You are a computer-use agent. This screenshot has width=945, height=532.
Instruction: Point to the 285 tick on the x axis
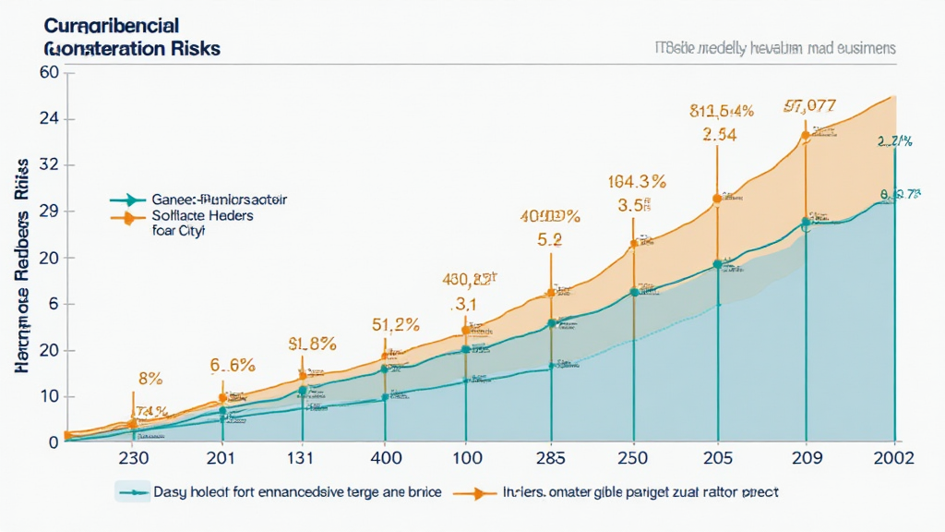[551, 458]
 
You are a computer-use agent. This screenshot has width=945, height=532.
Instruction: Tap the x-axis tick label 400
[385, 458]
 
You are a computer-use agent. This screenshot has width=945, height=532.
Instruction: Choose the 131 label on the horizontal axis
[303, 458]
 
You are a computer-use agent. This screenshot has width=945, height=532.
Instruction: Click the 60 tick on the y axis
[49, 73]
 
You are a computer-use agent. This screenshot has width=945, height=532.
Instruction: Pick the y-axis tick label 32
[49, 165]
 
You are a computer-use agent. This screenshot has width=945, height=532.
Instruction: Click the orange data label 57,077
[809, 105]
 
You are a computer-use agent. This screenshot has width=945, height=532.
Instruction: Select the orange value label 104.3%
[637, 182]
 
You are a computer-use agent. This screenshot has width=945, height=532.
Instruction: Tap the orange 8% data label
[150, 377]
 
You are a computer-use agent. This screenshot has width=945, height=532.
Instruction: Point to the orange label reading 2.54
[718, 134]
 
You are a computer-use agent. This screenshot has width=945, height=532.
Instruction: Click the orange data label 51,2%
[395, 324]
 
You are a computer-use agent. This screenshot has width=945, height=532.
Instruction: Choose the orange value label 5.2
[550, 239]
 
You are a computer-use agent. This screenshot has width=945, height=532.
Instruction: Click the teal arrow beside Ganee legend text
[128, 199]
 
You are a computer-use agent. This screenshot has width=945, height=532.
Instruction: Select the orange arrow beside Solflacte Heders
[128, 218]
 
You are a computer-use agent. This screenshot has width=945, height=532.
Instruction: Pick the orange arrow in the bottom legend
[472, 493]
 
